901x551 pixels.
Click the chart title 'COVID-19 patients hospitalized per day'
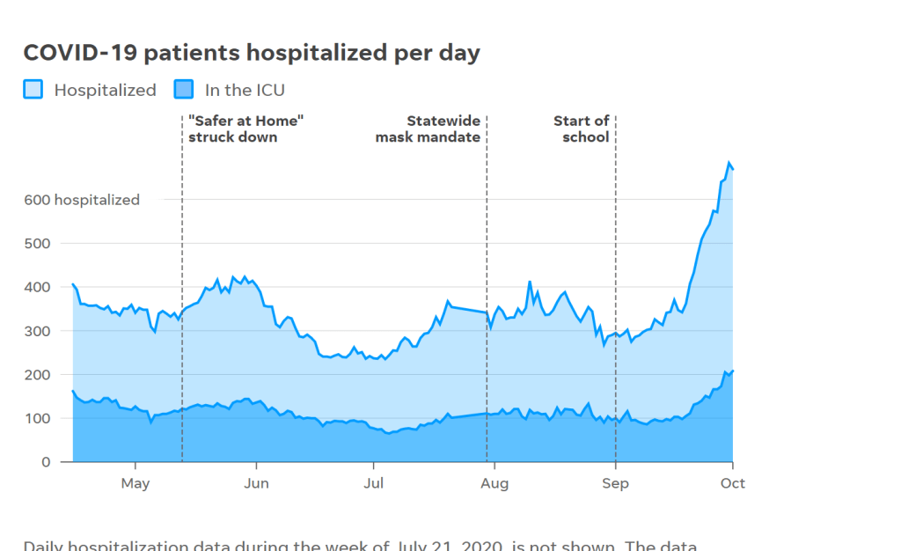(252, 53)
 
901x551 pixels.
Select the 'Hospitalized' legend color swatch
(33, 89)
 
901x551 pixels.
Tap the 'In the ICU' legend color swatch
(183, 89)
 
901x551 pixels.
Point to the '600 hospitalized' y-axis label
(81, 200)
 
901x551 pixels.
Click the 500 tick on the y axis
(37, 243)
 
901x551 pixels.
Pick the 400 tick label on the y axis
(37, 287)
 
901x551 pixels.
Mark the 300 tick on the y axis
(37, 331)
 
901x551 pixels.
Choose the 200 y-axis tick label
(37, 375)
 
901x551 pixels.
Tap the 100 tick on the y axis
(37, 418)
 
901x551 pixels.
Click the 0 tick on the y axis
(46, 462)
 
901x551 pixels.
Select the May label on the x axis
(136, 483)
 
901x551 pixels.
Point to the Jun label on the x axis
(256, 483)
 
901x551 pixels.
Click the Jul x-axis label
(374, 483)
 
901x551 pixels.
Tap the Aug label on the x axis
(494, 483)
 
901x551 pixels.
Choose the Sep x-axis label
(615, 483)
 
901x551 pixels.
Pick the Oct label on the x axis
(733, 483)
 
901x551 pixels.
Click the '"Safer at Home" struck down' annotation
(239, 129)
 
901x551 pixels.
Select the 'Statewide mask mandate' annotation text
(429, 129)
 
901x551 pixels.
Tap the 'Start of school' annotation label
(582, 129)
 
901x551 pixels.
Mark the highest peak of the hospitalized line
(729, 163)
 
